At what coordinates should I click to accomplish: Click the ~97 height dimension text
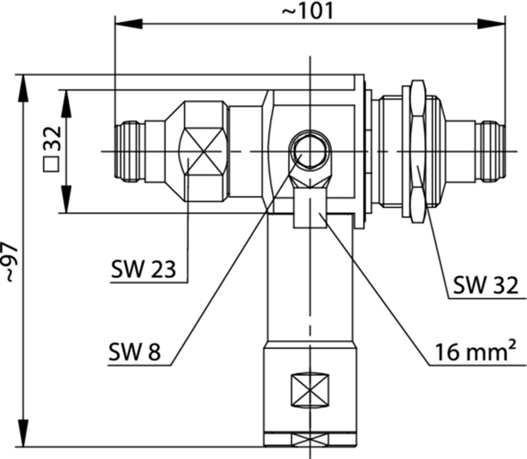pos(11,262)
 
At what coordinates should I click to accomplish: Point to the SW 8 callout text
pos(135,352)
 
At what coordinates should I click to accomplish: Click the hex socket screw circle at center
pos(308,151)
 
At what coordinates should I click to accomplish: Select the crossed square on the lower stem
pos(311,389)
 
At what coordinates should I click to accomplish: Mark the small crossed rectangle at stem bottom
pos(311,439)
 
